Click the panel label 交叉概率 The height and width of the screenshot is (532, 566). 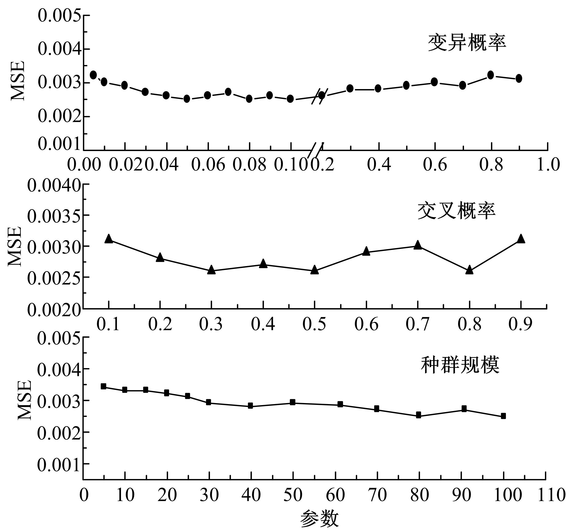[x=456, y=211]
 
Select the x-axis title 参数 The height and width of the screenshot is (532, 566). [x=319, y=519]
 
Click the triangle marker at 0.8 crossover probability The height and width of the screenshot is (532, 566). [x=469, y=270]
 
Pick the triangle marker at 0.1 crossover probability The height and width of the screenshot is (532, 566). [x=108, y=239]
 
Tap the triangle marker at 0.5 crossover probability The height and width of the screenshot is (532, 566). [x=314, y=269]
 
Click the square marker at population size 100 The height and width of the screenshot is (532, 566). [x=503, y=416]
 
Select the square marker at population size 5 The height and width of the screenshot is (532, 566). [x=103, y=386]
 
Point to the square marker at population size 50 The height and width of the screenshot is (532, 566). [x=292, y=402]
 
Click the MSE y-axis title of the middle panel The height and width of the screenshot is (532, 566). [x=15, y=247]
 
